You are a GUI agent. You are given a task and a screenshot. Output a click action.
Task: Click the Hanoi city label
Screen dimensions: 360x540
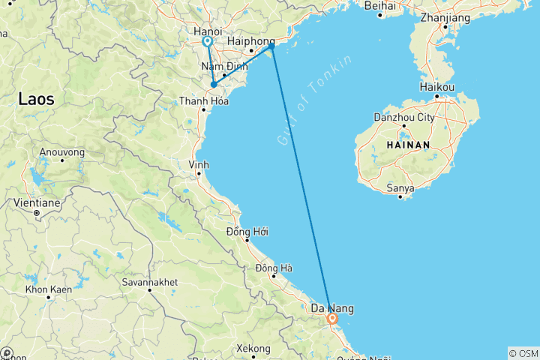(207, 31)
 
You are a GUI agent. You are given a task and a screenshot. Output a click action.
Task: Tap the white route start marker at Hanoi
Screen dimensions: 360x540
(207, 42)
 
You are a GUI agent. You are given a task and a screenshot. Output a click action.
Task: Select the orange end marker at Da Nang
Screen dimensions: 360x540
(332, 319)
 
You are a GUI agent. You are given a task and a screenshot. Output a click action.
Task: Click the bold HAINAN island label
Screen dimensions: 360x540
(408, 145)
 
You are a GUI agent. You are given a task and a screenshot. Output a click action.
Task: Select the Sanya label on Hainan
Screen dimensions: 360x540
(400, 188)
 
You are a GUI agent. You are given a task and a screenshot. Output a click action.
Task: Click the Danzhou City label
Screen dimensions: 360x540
(404, 118)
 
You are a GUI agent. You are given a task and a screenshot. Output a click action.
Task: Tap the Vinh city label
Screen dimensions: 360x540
(198, 164)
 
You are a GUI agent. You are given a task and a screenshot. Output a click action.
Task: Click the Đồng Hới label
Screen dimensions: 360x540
(247, 231)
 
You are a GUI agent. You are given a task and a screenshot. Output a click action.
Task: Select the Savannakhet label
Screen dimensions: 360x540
(150, 282)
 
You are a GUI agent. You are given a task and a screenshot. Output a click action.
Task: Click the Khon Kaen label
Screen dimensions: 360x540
(47, 289)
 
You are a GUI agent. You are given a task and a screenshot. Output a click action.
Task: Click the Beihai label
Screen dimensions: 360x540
(379, 6)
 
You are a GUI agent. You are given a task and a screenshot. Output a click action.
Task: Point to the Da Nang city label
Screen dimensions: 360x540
(332, 308)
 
